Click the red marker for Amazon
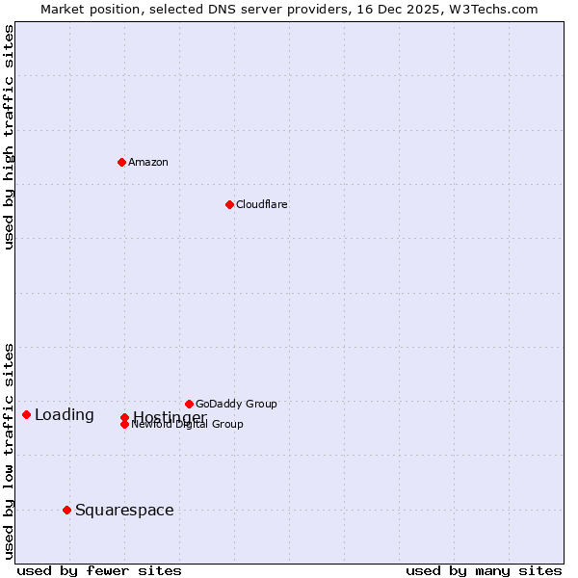(121, 162)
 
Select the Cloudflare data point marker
(229, 204)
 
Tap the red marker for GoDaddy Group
(189, 404)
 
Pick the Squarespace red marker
(66, 510)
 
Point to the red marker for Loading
(26, 414)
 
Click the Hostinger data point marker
(124, 417)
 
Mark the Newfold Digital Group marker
(124, 425)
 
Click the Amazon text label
(148, 162)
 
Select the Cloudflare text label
(262, 204)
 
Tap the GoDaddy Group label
(236, 404)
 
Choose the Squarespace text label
(124, 511)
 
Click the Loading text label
(65, 415)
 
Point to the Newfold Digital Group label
(188, 425)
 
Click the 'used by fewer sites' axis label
(99, 571)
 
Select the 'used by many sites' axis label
(484, 571)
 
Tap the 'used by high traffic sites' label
(9, 137)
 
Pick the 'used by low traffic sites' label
(9, 451)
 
